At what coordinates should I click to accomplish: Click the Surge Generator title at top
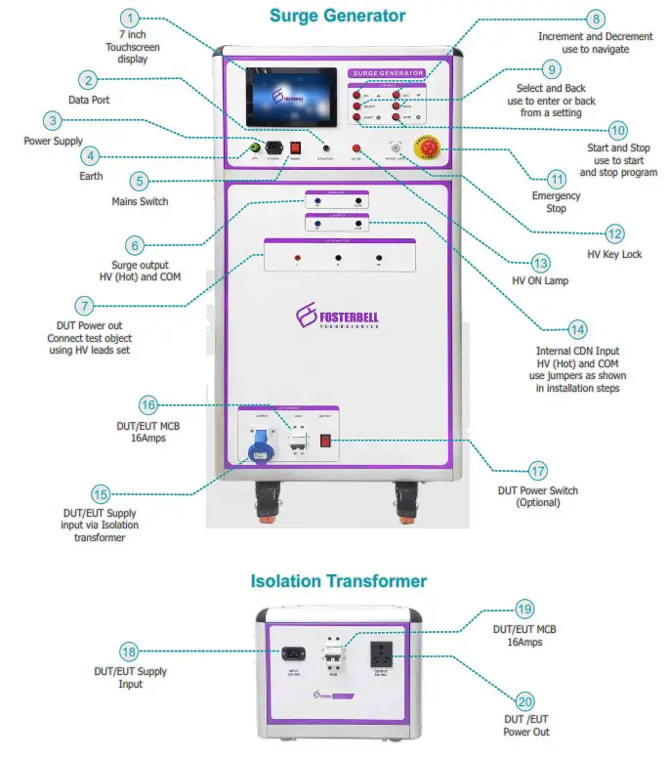tap(337, 16)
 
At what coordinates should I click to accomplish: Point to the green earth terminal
tap(255, 149)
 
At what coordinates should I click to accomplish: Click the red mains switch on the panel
tap(293, 148)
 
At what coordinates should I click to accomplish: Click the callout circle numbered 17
tap(537, 470)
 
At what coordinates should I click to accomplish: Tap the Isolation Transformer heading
tap(338, 581)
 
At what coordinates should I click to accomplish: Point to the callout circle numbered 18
tap(129, 652)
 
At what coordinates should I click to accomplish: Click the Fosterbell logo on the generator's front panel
tap(337, 317)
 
